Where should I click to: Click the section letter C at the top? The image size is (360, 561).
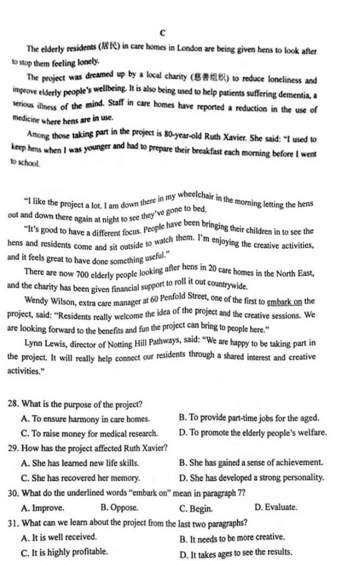[162, 33]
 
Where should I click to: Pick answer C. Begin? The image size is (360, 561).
[196, 508]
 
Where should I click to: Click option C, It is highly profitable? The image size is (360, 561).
[64, 552]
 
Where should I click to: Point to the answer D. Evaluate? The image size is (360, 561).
[276, 507]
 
